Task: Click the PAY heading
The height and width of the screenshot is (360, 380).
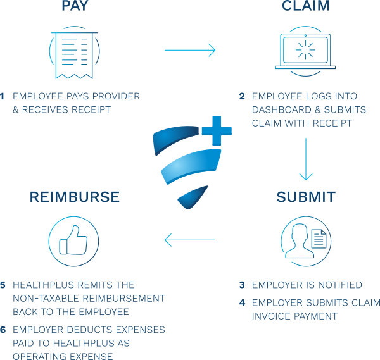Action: coord(75,5)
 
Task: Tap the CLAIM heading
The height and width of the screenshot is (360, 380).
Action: coord(306,5)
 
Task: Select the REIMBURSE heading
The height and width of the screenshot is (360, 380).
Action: coord(74,197)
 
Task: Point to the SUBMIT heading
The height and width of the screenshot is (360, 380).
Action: coord(306,197)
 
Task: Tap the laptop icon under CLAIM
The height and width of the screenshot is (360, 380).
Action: coord(305,51)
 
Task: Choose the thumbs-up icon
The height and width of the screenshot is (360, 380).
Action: coord(73,241)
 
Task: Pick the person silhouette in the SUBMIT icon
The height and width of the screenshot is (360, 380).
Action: coord(300,241)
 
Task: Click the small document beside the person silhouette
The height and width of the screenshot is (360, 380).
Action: coord(319,239)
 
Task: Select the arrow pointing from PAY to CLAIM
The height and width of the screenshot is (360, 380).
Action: coord(190,50)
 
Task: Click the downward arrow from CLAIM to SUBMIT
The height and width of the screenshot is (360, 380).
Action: coord(306,159)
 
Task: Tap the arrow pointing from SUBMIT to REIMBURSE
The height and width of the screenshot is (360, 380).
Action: coord(190,240)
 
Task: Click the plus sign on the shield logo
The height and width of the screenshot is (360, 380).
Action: coord(217,131)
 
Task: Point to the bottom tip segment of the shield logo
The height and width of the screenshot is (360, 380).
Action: coord(191,198)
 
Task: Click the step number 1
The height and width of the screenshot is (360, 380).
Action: coord(2,96)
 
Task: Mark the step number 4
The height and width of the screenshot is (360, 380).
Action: coord(242,302)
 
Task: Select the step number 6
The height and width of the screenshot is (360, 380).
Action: coord(3,330)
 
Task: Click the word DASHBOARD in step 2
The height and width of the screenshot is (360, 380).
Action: coord(282,109)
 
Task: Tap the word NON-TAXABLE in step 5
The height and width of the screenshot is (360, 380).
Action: coord(46,298)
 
